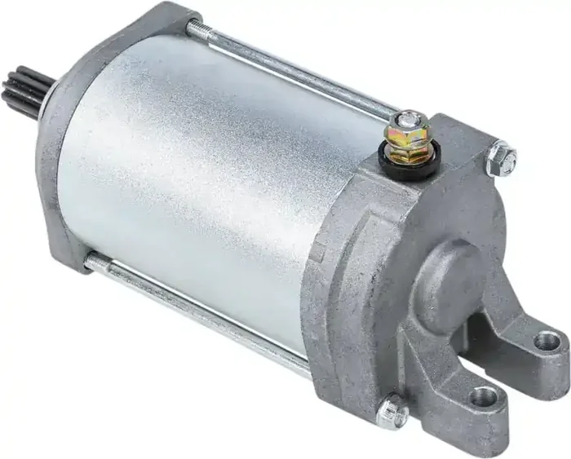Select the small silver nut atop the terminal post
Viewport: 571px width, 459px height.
[x=408, y=120]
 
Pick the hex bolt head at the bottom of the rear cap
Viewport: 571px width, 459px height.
[x=393, y=412]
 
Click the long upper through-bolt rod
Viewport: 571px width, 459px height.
[x=294, y=69]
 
